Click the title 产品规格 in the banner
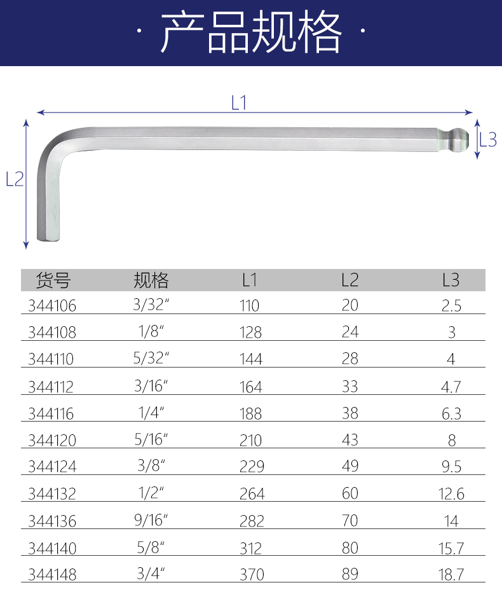[251, 32]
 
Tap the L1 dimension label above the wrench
[238, 103]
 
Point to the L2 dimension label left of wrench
[14, 180]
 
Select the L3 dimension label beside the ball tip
[487, 140]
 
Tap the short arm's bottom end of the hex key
[50, 237]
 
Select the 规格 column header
[151, 280]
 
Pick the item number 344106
[52, 306]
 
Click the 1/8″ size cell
[151, 333]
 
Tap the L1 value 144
[250, 359]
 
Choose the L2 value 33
[349, 386]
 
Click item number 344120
[52, 441]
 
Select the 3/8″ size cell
[151, 467]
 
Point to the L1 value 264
[250, 494]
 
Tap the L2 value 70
[349, 521]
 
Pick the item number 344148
[52, 575]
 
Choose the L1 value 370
[250, 575]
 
